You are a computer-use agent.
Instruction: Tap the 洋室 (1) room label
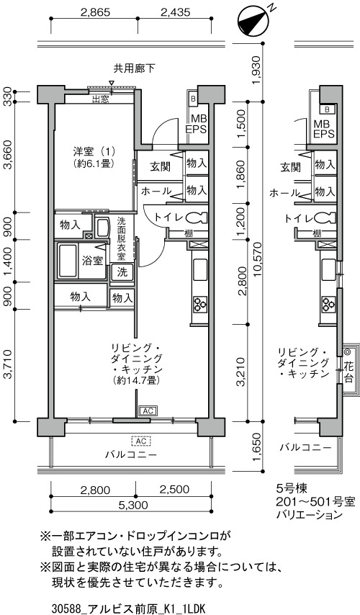point(91,151)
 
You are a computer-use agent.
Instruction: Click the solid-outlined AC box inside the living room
point(148,410)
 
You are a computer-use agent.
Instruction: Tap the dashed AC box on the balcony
point(141,441)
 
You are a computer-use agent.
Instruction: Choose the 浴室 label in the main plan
point(93,261)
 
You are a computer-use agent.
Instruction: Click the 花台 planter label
point(348,372)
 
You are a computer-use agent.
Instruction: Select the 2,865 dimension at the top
point(95,12)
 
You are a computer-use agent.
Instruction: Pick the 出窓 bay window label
point(101,99)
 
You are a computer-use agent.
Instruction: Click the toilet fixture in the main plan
point(199,217)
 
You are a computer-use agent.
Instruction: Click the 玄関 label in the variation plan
point(291,168)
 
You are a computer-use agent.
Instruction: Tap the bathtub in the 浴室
point(68,261)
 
